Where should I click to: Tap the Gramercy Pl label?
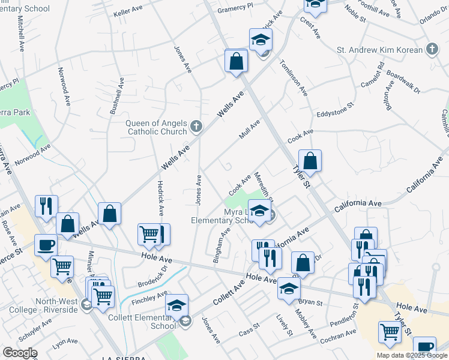232,8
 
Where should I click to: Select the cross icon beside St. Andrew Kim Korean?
432,49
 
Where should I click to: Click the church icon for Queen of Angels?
196,127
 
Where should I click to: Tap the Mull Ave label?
250,129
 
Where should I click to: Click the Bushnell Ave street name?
123,97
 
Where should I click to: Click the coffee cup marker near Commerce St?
45,244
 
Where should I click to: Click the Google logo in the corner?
20,353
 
